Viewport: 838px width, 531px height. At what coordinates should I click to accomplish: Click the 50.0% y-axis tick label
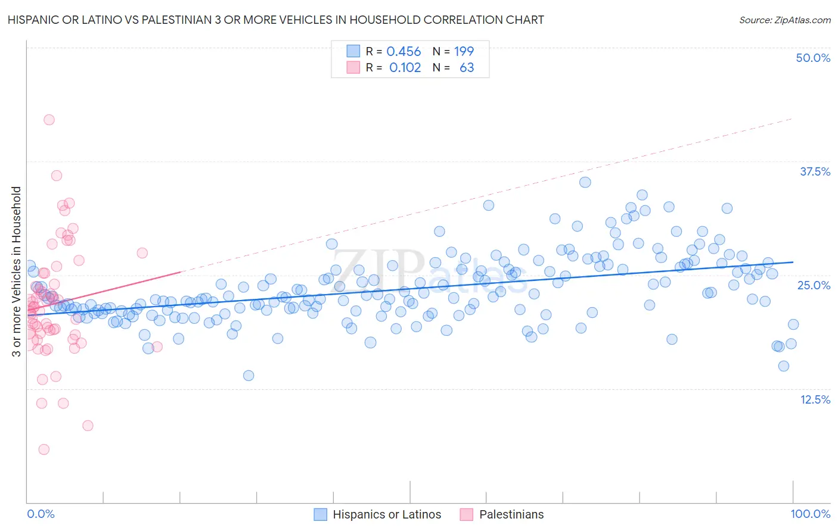pyautogui.click(x=813, y=58)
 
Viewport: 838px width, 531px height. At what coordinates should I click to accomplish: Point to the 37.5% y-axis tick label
pyautogui.click(x=815, y=171)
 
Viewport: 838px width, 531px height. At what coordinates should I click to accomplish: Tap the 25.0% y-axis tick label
pyautogui.click(x=814, y=285)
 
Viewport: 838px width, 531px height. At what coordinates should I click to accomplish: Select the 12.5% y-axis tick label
pyautogui.click(x=815, y=399)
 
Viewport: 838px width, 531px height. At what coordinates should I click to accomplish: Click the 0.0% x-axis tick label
pyautogui.click(x=41, y=514)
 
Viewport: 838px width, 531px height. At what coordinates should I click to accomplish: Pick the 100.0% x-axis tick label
pyautogui.click(x=810, y=514)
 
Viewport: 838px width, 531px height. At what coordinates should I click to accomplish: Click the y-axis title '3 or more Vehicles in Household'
pyautogui.click(x=17, y=271)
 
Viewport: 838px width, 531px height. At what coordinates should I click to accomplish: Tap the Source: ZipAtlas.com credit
pyautogui.click(x=784, y=20)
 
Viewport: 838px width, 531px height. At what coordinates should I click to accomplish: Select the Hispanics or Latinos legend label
pyautogui.click(x=387, y=514)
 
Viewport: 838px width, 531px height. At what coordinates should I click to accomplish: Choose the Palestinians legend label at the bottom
pyautogui.click(x=511, y=514)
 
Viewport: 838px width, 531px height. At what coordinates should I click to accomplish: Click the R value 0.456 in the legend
pyautogui.click(x=404, y=52)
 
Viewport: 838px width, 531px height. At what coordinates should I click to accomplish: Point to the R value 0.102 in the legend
pyautogui.click(x=405, y=67)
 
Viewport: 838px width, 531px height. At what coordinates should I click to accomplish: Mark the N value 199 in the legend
pyautogui.click(x=464, y=52)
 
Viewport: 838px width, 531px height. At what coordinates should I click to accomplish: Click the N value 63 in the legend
pyautogui.click(x=467, y=67)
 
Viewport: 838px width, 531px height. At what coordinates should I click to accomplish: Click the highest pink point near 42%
pyautogui.click(x=49, y=120)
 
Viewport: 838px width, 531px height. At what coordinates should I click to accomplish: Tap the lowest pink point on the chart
pyautogui.click(x=44, y=449)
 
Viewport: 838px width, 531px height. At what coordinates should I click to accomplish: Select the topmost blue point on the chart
pyautogui.click(x=585, y=182)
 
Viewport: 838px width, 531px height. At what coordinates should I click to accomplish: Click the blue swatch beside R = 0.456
pyautogui.click(x=353, y=52)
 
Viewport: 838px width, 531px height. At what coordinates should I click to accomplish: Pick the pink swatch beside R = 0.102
pyautogui.click(x=353, y=67)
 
